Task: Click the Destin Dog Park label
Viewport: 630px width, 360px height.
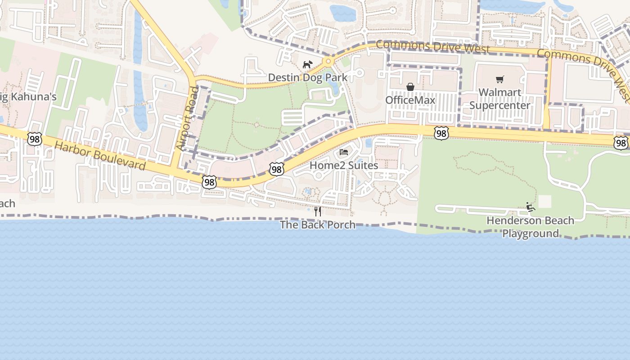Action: (308, 77)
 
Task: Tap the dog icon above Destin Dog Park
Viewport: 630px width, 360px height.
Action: (307, 65)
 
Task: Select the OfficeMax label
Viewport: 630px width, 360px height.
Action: (410, 100)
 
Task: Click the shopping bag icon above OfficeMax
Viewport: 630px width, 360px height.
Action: (410, 87)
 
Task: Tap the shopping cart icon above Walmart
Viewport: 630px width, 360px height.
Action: (499, 80)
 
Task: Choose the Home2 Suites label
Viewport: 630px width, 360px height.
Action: (344, 165)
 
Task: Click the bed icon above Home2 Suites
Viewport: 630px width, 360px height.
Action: (344, 152)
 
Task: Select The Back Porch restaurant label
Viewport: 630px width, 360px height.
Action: (318, 225)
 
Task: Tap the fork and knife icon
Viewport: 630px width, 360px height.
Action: (318, 211)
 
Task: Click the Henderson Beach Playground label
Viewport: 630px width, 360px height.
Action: (531, 227)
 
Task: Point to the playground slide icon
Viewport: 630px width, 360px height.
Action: (531, 207)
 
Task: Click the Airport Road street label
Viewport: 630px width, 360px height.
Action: (188, 118)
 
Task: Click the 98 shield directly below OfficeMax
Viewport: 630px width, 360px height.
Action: (441, 133)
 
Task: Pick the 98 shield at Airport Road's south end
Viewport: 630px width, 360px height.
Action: (209, 182)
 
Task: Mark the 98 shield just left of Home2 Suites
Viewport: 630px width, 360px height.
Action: (277, 169)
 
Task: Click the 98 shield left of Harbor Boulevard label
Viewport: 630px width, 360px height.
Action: (35, 139)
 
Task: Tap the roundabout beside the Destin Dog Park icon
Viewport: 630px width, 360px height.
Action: (328, 61)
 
